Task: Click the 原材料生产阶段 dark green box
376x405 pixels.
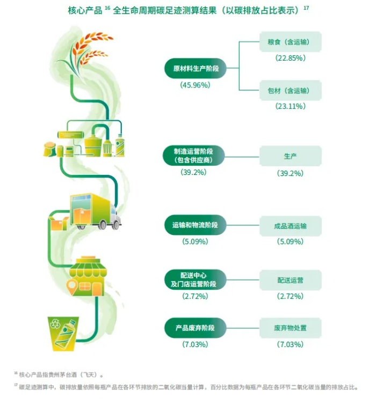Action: coord(195,68)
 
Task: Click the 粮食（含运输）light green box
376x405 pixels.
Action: coord(290,41)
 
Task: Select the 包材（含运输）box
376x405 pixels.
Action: coord(290,90)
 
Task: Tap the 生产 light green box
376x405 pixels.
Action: coord(290,156)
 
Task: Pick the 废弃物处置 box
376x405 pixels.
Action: coord(290,328)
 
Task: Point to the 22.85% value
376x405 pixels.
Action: coord(290,57)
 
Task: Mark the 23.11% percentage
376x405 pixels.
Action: coord(290,106)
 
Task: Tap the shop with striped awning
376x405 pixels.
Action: coord(88,276)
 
